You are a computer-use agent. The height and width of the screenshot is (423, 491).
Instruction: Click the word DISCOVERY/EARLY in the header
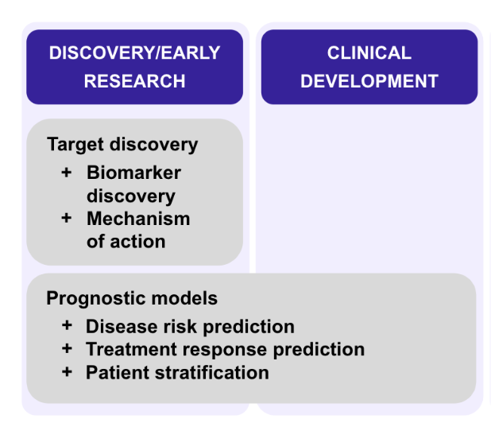[x=134, y=52]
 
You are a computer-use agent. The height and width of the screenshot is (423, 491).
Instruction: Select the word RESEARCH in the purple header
[x=134, y=81]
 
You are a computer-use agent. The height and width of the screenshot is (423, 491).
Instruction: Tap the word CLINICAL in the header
[x=369, y=52]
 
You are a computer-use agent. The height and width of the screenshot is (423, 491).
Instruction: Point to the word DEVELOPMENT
[x=369, y=81]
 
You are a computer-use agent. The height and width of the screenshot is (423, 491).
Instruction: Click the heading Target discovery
[x=122, y=145]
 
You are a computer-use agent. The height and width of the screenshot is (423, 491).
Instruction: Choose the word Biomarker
[x=134, y=173]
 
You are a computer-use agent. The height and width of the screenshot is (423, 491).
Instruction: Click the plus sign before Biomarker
[x=67, y=173]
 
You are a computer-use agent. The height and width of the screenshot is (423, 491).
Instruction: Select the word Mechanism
[x=138, y=219]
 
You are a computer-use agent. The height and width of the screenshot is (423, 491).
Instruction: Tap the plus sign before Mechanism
[x=67, y=218]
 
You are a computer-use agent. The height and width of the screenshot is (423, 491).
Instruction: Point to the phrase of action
[x=126, y=242]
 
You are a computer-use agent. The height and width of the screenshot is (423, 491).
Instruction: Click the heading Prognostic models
[x=132, y=298]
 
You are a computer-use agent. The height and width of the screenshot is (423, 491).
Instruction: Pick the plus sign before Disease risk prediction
[x=67, y=325]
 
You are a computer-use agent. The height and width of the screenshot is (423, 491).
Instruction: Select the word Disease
[x=122, y=327]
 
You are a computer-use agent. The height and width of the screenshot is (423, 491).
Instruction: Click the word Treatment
[x=132, y=349]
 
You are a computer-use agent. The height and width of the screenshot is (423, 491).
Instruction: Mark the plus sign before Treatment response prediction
[x=67, y=348]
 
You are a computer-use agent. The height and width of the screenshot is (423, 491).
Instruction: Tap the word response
[x=225, y=351]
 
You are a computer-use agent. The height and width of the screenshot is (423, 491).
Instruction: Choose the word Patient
[x=118, y=373]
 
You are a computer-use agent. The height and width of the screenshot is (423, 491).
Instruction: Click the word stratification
[x=212, y=373]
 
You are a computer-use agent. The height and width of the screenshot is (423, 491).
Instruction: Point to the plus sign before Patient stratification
[x=67, y=372]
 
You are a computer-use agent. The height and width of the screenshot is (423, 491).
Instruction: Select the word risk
[x=180, y=327]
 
